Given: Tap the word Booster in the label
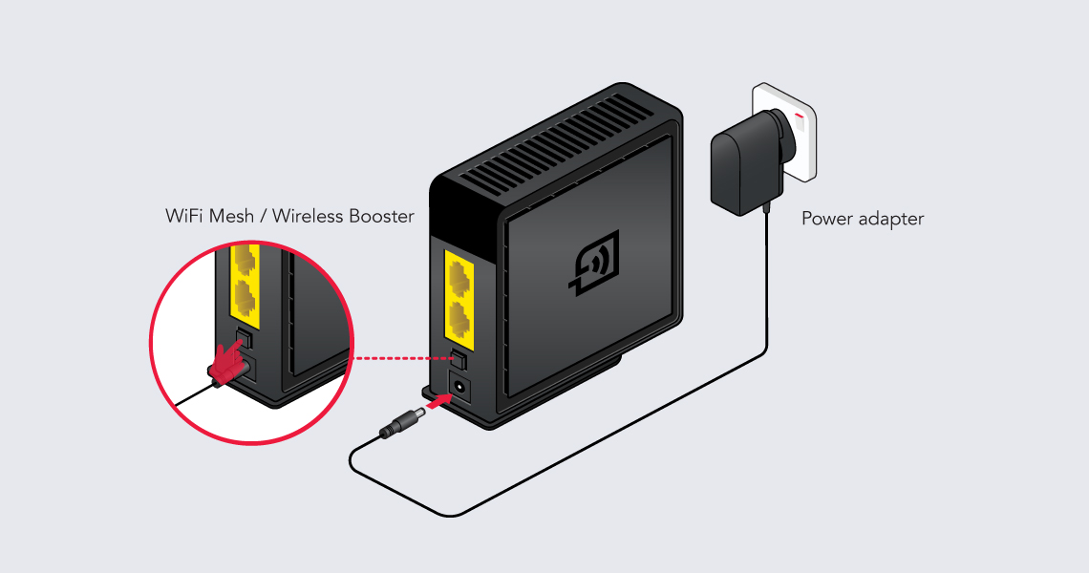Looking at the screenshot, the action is pyautogui.click(x=381, y=216).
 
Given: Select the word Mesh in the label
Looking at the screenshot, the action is pyautogui.click(x=231, y=216).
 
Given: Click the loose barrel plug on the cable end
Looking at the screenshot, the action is pyautogui.click(x=404, y=424).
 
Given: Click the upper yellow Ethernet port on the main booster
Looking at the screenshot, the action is pyautogui.click(x=459, y=278).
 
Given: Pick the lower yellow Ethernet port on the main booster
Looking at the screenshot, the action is pyautogui.click(x=460, y=320).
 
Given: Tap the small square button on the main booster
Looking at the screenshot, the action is pyautogui.click(x=459, y=358).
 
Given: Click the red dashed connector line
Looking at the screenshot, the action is pyautogui.click(x=403, y=359).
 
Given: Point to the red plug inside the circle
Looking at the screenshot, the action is pyautogui.click(x=227, y=366).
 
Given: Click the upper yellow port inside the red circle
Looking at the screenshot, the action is pyautogui.click(x=244, y=260).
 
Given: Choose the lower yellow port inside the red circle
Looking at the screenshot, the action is pyautogui.click(x=244, y=300).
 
